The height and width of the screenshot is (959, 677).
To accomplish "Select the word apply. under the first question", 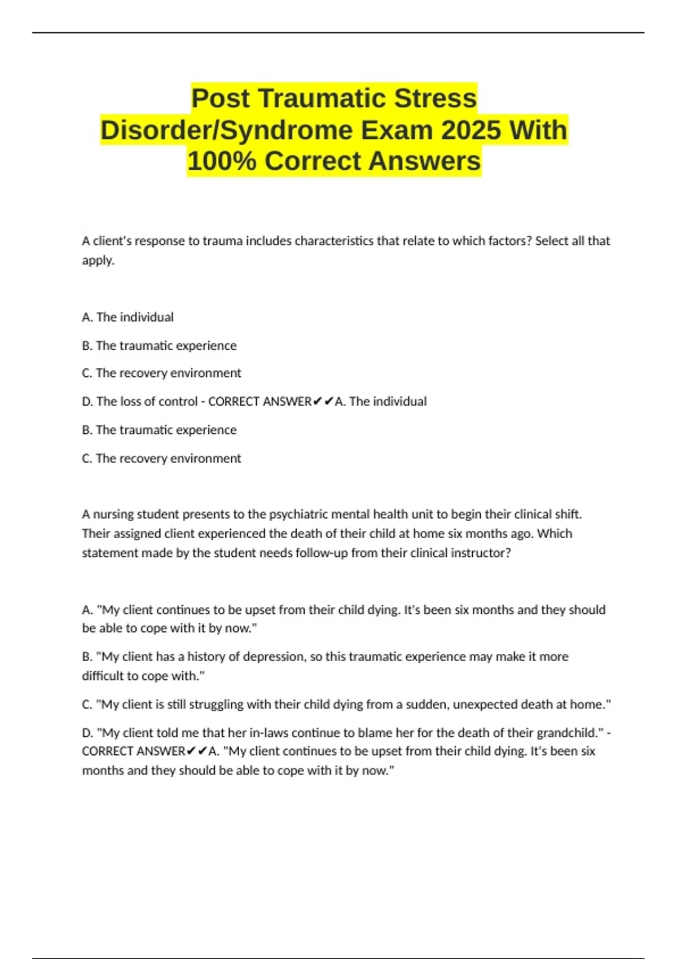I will coord(98,260).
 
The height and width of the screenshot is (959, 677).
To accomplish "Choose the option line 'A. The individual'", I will coord(128,317).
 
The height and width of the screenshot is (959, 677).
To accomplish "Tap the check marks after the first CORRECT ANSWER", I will coord(323,402).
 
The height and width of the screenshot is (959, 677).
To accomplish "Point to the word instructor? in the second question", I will coord(481,553).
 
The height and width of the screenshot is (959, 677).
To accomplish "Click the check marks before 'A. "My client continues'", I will coord(197,751).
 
